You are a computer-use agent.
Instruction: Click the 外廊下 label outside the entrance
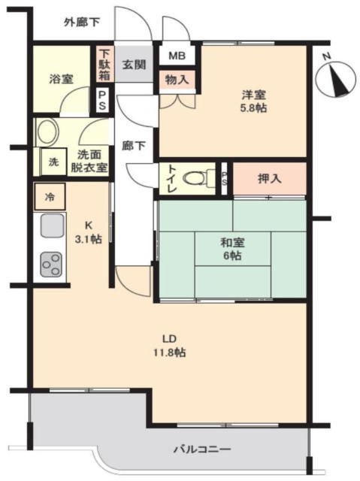point(82,23)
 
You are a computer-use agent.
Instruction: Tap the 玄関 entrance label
point(134,65)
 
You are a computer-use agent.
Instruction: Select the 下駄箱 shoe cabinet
point(104,64)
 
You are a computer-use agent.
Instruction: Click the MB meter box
point(177,56)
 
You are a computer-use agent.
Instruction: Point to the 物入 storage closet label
point(177,80)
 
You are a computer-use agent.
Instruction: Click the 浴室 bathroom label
point(62,79)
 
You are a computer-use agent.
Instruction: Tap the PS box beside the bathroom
point(102,100)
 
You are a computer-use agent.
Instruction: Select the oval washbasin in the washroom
point(47,132)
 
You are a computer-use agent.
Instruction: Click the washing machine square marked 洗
point(53,162)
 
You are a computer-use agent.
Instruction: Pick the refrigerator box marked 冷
point(50,197)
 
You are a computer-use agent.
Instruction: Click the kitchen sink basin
point(53,225)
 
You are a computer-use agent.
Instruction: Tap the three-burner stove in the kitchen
point(52,264)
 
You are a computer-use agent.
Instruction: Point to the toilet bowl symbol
point(195,178)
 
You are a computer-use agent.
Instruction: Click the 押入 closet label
point(270,179)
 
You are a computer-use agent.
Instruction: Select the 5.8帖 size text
point(253,108)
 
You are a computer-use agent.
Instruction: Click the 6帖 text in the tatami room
point(232,256)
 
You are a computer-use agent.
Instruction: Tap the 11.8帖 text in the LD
point(170,352)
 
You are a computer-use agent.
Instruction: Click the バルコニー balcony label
point(202,449)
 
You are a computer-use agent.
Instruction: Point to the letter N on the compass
point(327,56)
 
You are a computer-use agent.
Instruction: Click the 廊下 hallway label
point(133,145)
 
